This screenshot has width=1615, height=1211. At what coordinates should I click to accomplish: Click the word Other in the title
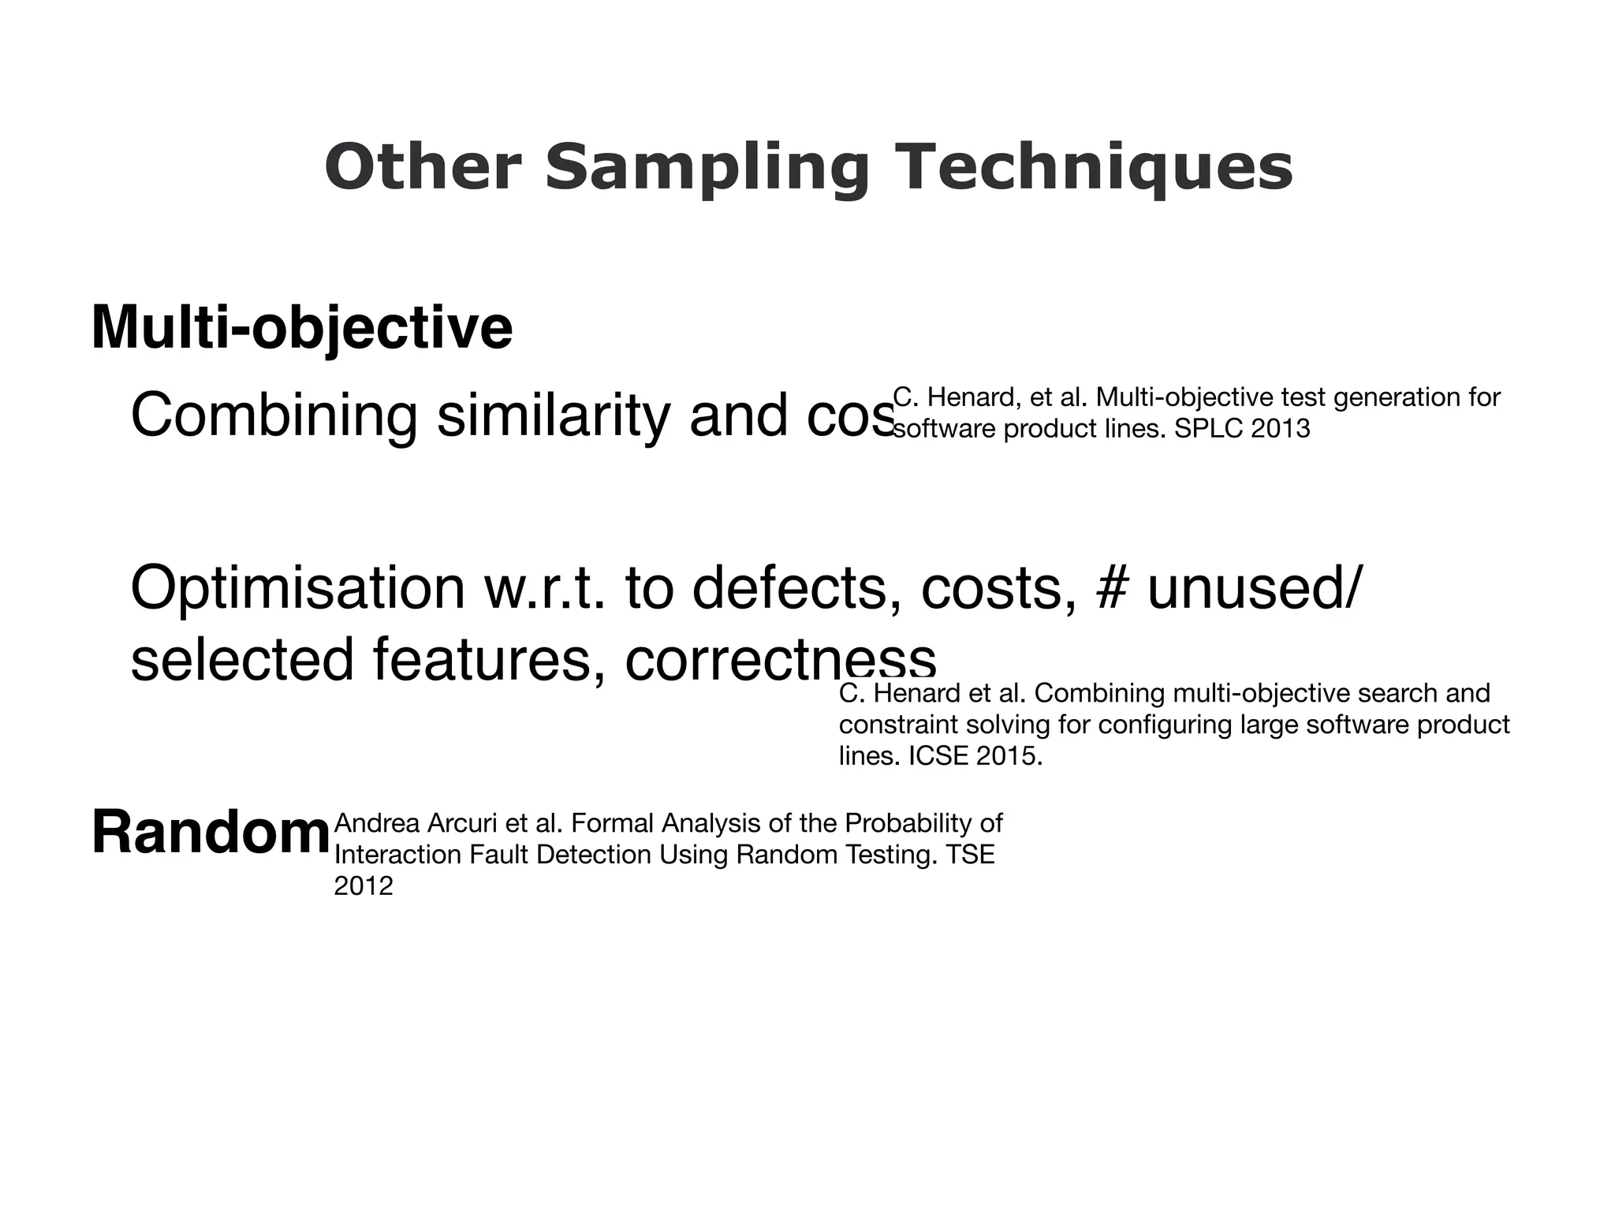coord(423,167)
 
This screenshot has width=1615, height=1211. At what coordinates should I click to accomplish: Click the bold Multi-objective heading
coord(302,327)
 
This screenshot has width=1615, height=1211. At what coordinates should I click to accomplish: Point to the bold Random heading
coord(211,833)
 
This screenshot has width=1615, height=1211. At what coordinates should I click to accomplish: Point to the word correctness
coord(781,659)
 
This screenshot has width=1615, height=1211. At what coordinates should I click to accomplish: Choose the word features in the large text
coord(482,659)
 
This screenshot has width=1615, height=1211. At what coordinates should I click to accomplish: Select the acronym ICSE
coord(939,756)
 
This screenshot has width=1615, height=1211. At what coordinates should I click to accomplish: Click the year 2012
coord(364,886)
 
